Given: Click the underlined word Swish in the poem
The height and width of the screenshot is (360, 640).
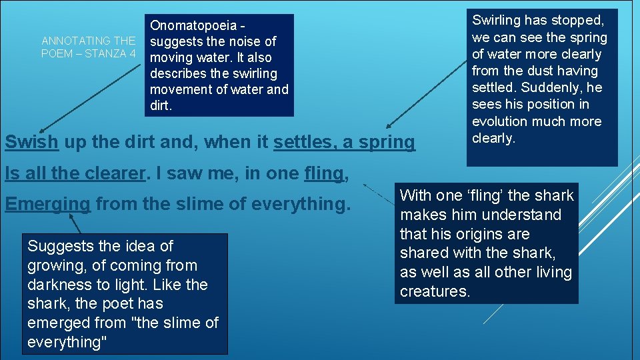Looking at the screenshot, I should pos(31,142).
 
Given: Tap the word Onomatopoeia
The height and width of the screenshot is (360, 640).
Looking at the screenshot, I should pos(193,26).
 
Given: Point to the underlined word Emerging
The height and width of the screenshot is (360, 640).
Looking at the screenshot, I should pos(47,203).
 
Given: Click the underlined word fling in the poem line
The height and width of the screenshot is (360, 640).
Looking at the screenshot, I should pos(323,173).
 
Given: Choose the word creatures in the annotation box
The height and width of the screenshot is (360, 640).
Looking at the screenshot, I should pos(435,291).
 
